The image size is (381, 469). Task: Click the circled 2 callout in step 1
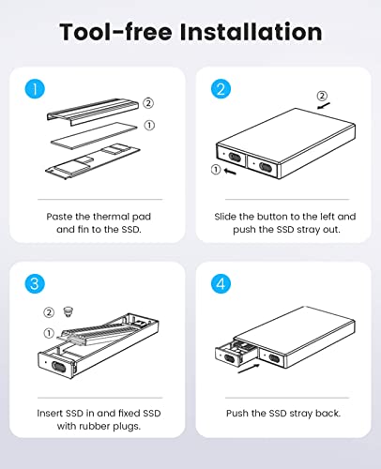(x=147, y=102)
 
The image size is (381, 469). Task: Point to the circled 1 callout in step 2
(x=216, y=170)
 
